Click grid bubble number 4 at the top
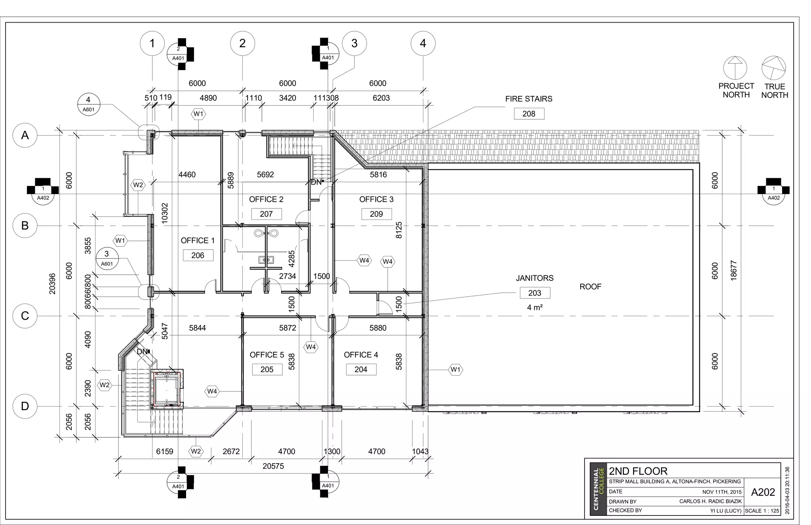click(423, 43)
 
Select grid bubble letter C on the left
click(25, 316)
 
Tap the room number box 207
click(266, 214)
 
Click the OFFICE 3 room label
click(376, 199)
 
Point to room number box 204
click(361, 369)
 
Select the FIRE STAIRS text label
click(529, 99)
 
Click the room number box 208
click(529, 114)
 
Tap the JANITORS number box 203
click(535, 293)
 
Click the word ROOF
click(590, 286)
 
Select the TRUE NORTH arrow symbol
click(773, 68)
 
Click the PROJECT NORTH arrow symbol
click(735, 67)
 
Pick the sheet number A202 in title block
click(763, 492)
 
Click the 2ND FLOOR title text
click(638, 471)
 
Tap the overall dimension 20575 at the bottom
click(273, 466)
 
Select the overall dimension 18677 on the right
click(733, 271)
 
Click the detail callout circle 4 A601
click(88, 104)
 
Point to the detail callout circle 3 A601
click(107, 258)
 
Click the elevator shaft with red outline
click(167, 390)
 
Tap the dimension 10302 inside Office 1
click(165, 213)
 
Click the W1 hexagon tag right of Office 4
click(455, 370)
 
